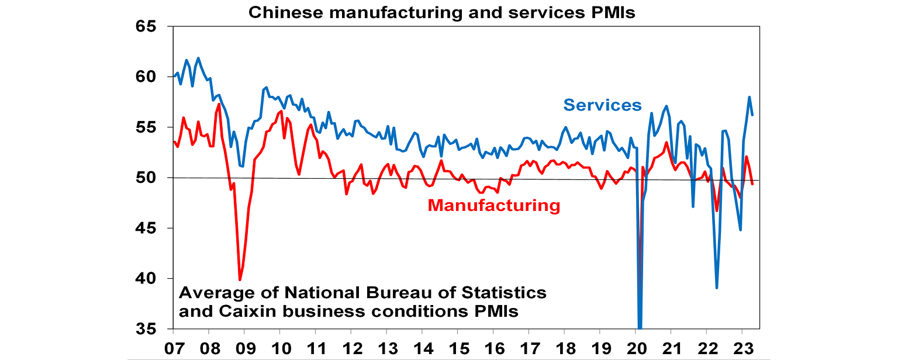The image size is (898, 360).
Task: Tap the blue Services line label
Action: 602,105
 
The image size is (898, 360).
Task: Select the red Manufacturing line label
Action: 494,206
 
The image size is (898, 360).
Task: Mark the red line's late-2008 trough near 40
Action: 240,280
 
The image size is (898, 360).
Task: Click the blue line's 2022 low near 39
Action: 717,288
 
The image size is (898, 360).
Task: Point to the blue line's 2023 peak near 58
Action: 749,97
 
